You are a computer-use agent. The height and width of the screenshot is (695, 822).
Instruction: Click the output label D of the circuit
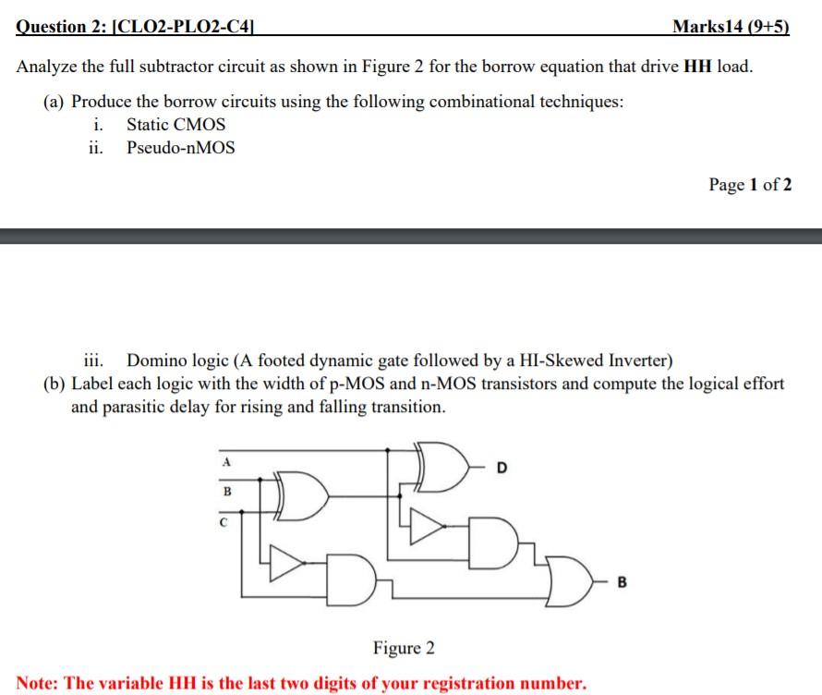point(502,467)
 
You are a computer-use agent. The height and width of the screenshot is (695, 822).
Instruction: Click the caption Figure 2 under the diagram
point(403,648)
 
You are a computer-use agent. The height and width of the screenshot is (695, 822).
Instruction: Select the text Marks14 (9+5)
point(731,27)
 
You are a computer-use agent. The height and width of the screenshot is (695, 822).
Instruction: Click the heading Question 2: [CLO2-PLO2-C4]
point(136,27)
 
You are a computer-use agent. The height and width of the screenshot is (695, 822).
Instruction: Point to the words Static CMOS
point(175,124)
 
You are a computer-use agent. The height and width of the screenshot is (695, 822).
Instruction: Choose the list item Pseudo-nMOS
point(180,148)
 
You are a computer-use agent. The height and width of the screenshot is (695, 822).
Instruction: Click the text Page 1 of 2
point(749,184)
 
